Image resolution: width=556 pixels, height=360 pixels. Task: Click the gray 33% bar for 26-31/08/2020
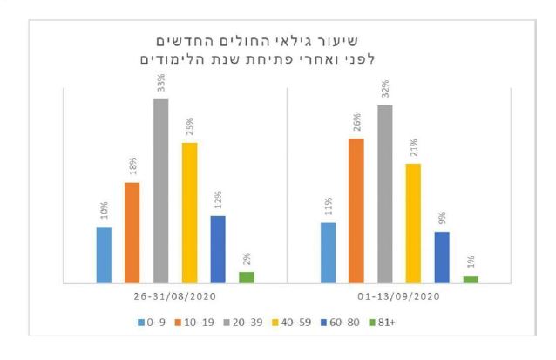click(160, 191)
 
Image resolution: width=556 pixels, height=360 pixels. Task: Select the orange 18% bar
click(132, 233)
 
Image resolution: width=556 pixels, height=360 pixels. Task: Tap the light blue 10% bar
click(104, 255)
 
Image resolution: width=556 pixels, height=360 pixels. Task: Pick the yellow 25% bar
click(189, 213)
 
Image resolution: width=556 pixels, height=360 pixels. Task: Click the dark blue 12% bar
click(218, 249)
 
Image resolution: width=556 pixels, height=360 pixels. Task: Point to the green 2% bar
click(247, 277)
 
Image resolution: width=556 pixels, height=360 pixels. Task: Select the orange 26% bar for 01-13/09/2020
click(356, 210)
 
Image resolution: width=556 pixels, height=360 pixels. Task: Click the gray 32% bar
click(384, 194)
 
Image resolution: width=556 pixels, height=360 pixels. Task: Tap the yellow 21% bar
click(413, 223)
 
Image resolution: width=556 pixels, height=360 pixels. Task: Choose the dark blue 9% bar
click(442, 257)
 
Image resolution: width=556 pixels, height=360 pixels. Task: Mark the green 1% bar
click(471, 279)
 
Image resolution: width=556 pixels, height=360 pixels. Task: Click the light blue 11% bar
click(328, 253)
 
